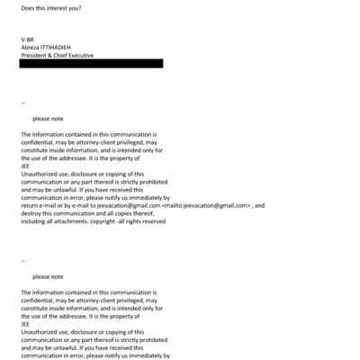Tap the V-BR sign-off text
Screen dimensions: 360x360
(28, 40)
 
